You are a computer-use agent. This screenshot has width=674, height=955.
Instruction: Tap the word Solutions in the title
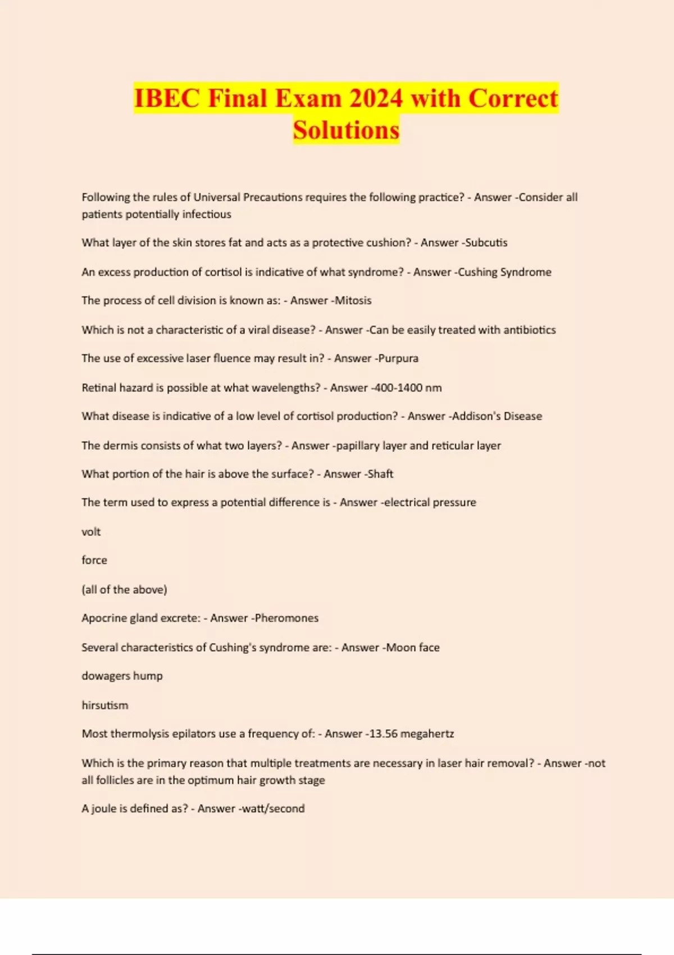tap(346, 130)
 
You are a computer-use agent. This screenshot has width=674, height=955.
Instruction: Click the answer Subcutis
tap(486, 243)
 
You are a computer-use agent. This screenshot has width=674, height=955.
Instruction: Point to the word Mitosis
tap(353, 301)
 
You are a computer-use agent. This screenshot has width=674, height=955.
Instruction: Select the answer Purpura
tap(398, 358)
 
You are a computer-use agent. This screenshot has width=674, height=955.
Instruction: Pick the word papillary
tap(358, 445)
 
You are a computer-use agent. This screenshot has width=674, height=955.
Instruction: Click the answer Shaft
tap(380, 474)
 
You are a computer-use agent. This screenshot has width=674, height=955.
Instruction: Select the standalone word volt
tap(91, 532)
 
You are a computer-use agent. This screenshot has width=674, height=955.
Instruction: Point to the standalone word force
tap(94, 560)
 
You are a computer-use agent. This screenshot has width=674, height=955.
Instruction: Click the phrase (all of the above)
tap(124, 589)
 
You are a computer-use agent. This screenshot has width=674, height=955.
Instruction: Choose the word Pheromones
tap(286, 618)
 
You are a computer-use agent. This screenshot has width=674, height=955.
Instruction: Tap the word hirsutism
tap(105, 705)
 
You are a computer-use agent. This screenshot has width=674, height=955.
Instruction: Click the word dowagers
tap(106, 676)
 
